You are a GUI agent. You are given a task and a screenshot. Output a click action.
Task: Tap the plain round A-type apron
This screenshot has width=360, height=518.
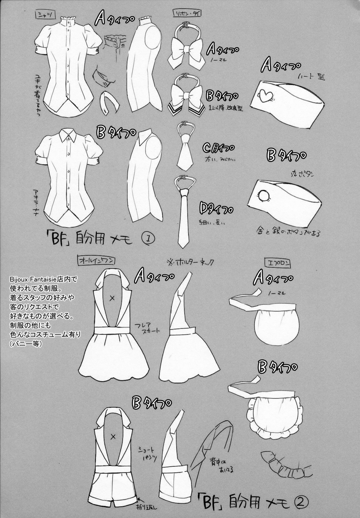click(x=271, y=327)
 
